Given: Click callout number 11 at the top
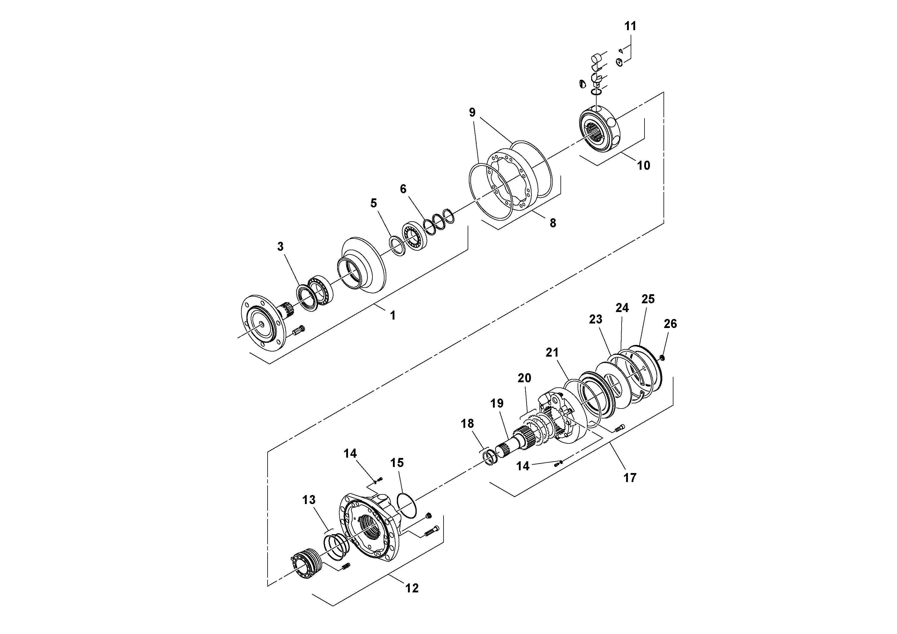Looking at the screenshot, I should [x=630, y=26].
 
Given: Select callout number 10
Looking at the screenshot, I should [x=644, y=165].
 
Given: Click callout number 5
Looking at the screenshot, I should [x=374, y=203].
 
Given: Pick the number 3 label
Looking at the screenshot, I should [x=280, y=246].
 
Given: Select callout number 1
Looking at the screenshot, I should [x=393, y=315].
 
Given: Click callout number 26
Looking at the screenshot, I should [x=670, y=324].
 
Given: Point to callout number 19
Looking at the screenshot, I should [x=497, y=403].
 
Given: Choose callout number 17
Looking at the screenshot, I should [x=630, y=477].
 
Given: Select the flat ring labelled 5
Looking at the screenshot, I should [x=398, y=247].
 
